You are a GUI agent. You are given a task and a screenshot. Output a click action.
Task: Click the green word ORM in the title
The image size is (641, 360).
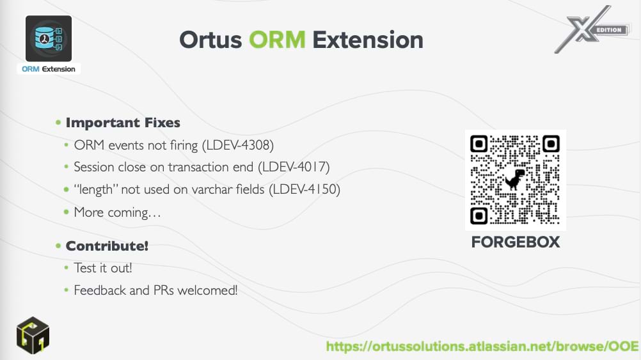(277, 40)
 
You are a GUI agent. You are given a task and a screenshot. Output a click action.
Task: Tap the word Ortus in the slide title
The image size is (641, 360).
(210, 40)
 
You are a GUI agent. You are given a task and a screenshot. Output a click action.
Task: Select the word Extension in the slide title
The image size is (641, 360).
(368, 40)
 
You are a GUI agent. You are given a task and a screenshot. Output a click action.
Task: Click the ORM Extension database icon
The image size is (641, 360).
(49, 38)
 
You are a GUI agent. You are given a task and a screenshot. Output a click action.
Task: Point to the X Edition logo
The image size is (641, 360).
(592, 29)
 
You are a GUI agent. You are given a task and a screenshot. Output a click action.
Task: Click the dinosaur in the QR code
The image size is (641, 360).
(515, 179)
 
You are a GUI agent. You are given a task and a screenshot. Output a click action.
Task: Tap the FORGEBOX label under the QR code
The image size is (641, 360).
(516, 242)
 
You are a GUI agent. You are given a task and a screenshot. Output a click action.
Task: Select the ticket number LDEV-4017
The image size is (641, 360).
(294, 167)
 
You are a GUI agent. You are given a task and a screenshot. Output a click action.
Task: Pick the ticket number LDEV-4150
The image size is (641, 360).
(305, 189)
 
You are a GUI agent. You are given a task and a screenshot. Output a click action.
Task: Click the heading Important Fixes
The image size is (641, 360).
(123, 123)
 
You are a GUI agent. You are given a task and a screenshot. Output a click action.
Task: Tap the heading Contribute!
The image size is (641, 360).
(107, 246)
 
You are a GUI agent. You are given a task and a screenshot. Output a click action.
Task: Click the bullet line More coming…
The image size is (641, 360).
(117, 212)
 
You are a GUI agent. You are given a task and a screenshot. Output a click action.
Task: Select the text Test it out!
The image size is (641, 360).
(103, 268)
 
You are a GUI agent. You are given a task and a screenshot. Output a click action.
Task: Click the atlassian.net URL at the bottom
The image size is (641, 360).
(482, 347)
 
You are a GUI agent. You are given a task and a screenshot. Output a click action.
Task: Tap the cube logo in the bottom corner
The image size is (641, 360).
(33, 335)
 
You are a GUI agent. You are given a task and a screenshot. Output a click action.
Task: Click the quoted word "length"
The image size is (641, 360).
(95, 190)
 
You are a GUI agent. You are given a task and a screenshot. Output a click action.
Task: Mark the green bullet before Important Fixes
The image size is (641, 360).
(58, 122)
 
